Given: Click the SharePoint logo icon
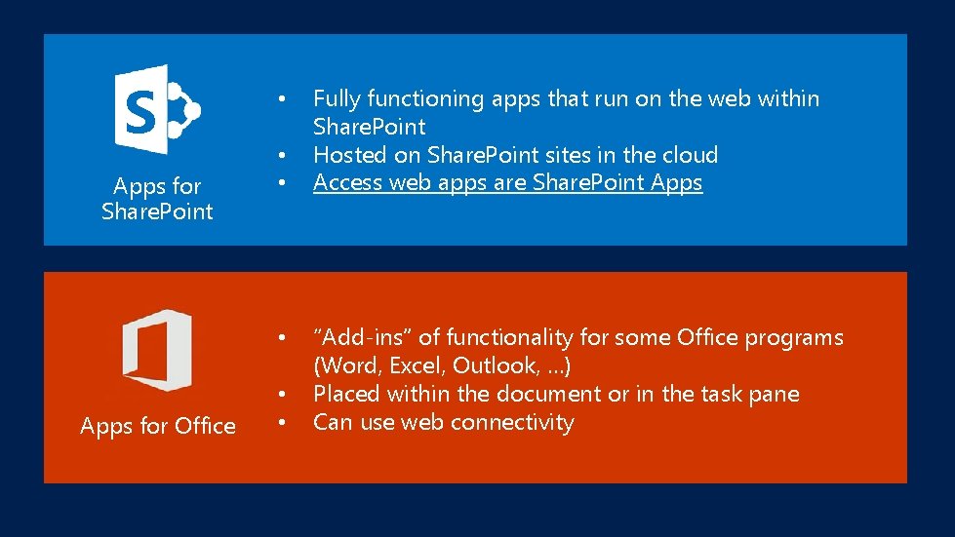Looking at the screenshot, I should [x=156, y=108].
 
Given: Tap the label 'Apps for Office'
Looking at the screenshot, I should [x=158, y=426].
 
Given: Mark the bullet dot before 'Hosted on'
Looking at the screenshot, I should [x=281, y=156].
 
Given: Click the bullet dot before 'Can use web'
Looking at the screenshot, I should [x=281, y=423].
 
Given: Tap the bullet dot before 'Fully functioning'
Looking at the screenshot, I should [x=281, y=99].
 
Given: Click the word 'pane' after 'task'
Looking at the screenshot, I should [x=775, y=394].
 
